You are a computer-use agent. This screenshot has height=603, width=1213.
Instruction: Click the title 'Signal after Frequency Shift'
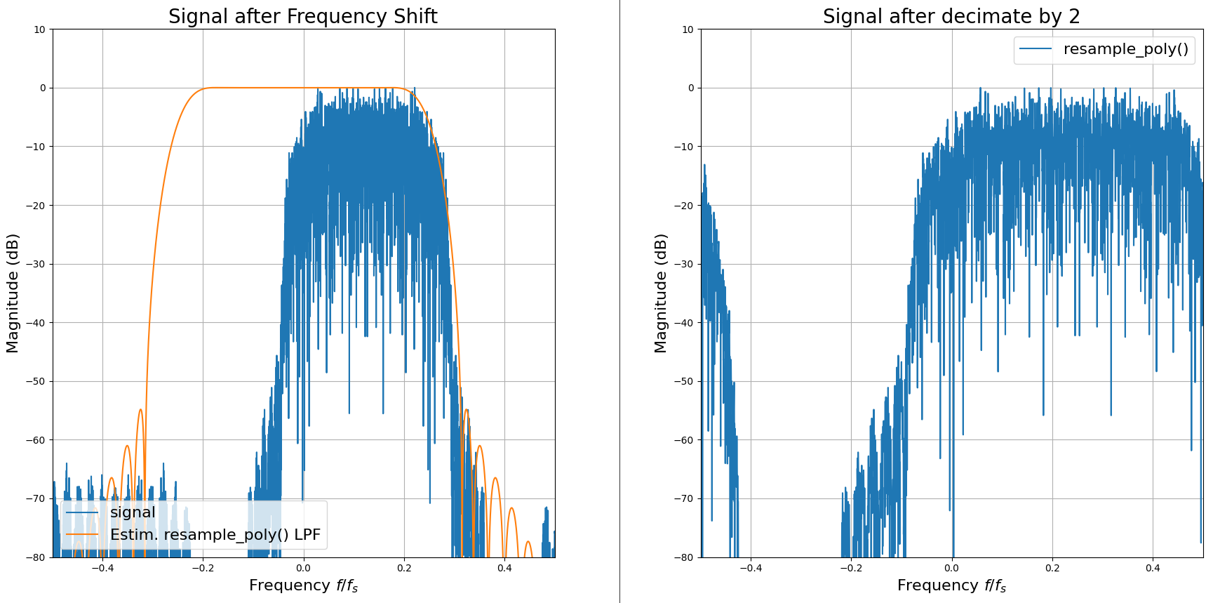coord(302,16)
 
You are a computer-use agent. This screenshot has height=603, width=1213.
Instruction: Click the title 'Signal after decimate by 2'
coord(951,16)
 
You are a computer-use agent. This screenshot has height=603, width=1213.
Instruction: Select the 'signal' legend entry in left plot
coord(132,512)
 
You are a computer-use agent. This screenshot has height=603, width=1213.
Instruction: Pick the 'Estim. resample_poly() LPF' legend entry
coord(215,535)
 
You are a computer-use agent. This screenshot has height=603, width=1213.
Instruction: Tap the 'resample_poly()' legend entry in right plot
coord(1125,49)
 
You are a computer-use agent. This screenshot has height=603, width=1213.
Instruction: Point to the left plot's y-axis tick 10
coord(39,29)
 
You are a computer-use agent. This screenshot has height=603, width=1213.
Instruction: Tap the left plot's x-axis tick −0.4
coord(102,568)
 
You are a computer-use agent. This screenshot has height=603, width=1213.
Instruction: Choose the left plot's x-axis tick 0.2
coord(404,568)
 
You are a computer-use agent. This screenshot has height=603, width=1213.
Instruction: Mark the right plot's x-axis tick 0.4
coord(1153,568)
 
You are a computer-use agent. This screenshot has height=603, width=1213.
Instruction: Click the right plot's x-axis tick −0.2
coord(850,568)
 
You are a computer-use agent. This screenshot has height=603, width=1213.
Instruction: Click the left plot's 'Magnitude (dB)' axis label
coord(12,293)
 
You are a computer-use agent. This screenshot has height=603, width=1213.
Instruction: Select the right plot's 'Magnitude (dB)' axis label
coord(660,293)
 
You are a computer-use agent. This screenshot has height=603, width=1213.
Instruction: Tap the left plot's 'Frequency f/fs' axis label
coord(303,585)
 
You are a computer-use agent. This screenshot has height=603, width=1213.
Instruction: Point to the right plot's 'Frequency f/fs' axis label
coord(951,585)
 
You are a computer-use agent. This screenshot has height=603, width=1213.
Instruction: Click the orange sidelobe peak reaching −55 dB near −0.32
coord(141,410)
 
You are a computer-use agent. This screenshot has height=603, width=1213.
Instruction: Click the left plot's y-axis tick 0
coord(43,88)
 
